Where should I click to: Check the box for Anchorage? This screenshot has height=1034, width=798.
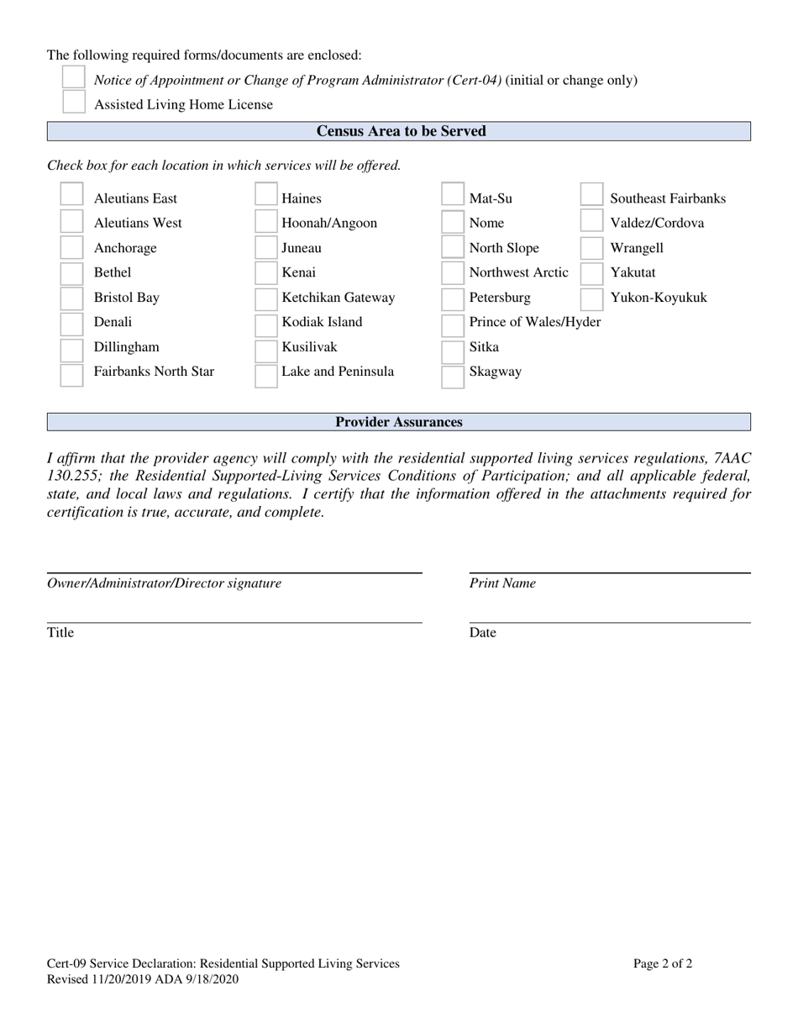pos(72,248)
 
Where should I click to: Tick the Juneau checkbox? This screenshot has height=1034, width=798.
pos(266,248)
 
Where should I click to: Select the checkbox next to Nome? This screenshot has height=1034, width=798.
pos(453,223)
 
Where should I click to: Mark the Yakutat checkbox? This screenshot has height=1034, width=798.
pos(591,273)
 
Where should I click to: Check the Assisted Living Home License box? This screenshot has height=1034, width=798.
pos(74,103)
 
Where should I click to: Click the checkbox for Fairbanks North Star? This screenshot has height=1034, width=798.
pos(72,373)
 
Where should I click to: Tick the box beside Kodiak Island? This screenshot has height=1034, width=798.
pos(266,324)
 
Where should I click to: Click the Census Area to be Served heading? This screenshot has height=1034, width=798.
pos(401,131)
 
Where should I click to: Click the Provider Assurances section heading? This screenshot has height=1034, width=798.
pos(398,422)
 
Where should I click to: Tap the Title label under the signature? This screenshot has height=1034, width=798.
pos(60,633)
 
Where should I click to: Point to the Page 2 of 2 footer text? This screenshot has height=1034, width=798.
pos(663,964)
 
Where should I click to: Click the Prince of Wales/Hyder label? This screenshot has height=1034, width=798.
pos(535,322)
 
